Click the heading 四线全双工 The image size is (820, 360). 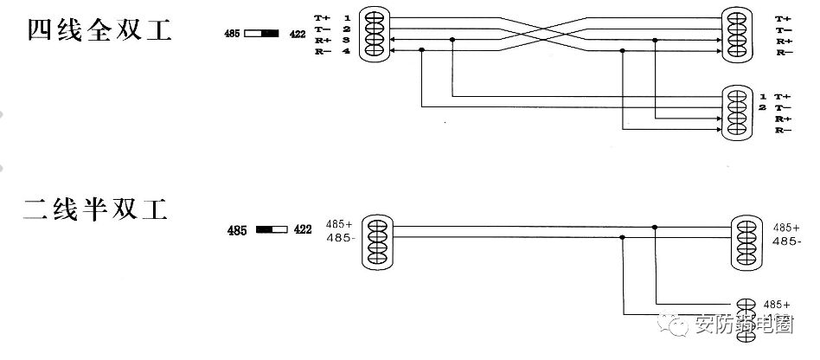pyautogui.click(x=99, y=31)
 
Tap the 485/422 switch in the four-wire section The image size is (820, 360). pyautogui.click(x=262, y=34)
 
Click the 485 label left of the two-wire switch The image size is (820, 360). pyautogui.click(x=237, y=230)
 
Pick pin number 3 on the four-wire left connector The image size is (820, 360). pyautogui.click(x=346, y=40)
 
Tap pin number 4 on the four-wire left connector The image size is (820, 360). pyautogui.click(x=346, y=52)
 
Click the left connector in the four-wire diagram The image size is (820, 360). pyautogui.click(x=372, y=34)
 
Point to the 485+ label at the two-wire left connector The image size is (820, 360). pyautogui.click(x=338, y=225)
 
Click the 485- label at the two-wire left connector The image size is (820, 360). pyautogui.click(x=338, y=238)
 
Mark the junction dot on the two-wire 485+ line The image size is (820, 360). pyautogui.click(x=655, y=228)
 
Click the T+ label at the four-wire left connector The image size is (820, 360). pyautogui.click(x=320, y=17)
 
